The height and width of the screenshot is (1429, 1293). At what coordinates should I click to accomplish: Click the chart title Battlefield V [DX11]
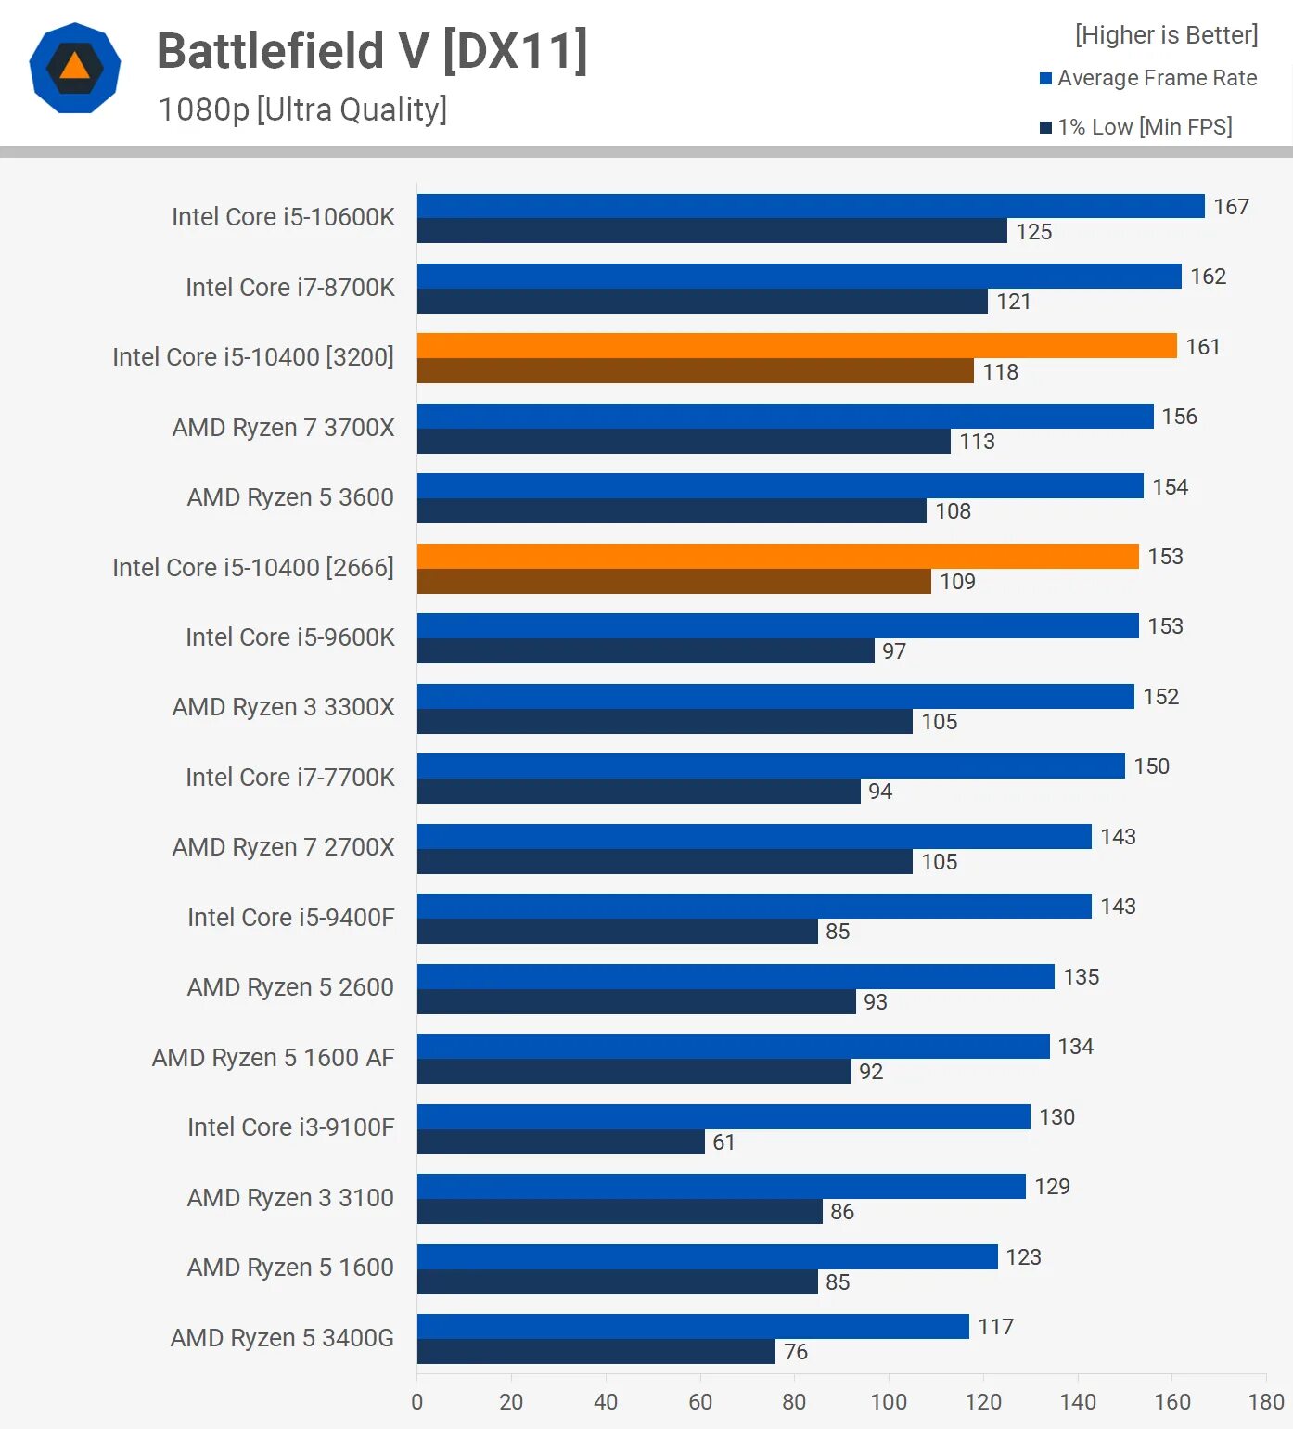click(372, 51)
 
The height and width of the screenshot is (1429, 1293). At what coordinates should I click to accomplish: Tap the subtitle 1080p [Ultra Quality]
click(302, 109)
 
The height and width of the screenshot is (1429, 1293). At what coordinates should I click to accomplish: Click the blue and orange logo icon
click(75, 68)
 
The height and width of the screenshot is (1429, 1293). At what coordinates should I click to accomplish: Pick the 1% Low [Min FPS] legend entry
click(1136, 127)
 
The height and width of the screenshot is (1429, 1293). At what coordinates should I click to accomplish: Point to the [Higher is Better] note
click(1166, 35)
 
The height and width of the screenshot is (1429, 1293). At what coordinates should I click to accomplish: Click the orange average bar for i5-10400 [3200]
click(796, 346)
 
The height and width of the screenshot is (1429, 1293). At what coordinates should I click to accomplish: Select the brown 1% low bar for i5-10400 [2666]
click(673, 582)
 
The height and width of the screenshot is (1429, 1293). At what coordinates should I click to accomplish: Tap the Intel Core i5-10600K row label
click(283, 217)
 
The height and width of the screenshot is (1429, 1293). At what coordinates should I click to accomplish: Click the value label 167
click(1231, 207)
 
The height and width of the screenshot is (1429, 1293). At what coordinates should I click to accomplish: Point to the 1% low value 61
click(723, 1142)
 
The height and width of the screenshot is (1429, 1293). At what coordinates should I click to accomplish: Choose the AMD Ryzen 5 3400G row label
click(282, 1338)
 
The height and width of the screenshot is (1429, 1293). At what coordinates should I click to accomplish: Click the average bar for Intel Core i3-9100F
click(723, 1116)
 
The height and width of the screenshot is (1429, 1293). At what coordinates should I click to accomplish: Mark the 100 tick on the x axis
click(889, 1401)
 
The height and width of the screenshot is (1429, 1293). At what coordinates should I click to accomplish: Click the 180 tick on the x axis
click(1266, 1401)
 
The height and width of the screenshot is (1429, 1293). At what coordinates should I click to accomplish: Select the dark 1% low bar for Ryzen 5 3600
click(672, 511)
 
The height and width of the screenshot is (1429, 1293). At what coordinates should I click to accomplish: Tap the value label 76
click(795, 1352)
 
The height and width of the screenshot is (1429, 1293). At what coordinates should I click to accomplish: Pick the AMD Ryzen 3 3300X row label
click(283, 707)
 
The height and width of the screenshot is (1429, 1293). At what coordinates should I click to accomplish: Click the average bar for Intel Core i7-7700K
click(770, 766)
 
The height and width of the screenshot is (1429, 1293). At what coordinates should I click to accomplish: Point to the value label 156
click(1179, 417)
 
